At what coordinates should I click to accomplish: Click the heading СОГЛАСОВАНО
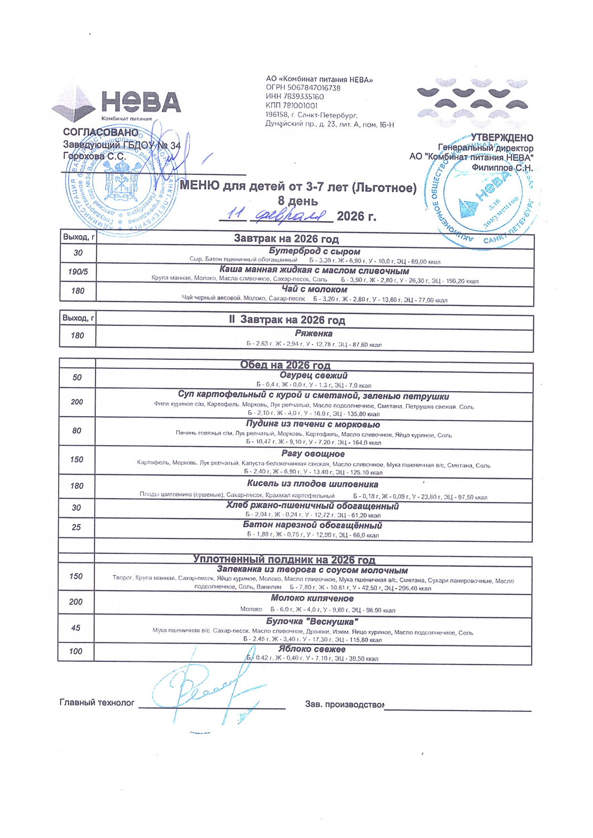[x=101, y=132]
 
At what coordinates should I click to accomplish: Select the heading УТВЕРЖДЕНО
[x=502, y=138]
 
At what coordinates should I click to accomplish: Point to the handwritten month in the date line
[x=290, y=216]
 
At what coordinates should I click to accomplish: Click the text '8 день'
[x=298, y=201]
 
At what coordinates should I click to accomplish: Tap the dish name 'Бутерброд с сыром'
[x=314, y=251]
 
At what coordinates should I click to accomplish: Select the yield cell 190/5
[x=78, y=272]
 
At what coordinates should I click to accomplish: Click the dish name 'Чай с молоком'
[x=314, y=289]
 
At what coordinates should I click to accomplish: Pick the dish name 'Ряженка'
[x=314, y=334]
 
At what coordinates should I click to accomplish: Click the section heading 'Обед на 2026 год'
[x=285, y=365]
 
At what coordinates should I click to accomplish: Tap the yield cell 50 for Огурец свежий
[x=77, y=378]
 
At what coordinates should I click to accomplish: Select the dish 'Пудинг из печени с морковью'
[x=313, y=424]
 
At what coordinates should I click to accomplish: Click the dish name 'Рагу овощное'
[x=313, y=454]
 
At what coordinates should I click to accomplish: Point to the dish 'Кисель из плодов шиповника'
[x=312, y=484]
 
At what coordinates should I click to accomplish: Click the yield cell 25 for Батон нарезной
[x=77, y=527]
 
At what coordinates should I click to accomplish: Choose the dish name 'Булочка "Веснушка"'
[x=312, y=621]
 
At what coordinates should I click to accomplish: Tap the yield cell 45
[x=76, y=628]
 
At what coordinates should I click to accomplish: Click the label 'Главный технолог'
[x=97, y=703]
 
